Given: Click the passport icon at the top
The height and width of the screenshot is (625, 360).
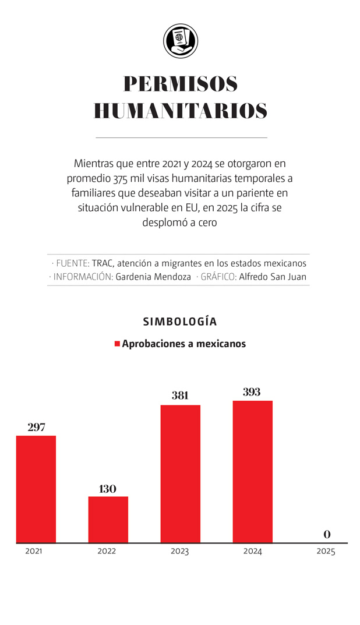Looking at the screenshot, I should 181,41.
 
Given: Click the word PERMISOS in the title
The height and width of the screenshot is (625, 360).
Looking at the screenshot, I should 181,84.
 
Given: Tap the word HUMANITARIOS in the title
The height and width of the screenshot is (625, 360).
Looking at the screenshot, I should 181,111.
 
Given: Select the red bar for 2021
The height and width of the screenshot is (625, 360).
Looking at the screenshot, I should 36,489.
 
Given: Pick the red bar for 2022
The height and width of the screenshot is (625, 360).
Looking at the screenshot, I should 108,520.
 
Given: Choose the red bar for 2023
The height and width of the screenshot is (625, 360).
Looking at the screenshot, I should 181,474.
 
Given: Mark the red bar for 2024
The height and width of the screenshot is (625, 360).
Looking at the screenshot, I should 252,472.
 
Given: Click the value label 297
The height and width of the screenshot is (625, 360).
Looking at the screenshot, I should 36,428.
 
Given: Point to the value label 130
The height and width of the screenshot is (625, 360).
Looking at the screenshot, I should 108,489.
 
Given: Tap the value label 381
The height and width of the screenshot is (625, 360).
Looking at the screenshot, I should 180,396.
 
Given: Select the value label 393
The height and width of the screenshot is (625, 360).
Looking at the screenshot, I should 252,392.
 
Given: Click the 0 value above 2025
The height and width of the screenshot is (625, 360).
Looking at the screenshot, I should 327,534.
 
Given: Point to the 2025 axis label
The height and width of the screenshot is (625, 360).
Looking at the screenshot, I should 326,552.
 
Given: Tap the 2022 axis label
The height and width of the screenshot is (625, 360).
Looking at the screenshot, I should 107,552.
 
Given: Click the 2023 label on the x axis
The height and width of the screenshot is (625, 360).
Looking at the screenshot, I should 179,552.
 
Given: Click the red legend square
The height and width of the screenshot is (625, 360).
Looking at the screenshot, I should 117,344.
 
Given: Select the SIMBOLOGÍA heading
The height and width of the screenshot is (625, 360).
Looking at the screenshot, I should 180,322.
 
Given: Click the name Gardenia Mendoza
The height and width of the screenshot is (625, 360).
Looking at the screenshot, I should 153,277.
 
